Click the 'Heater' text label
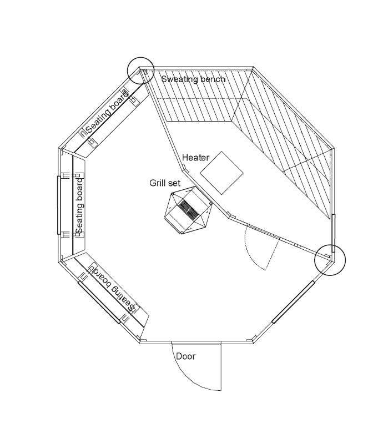(x=196, y=158)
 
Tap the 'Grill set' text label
(x=165, y=183)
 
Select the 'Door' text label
(x=186, y=356)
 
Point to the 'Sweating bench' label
(x=193, y=79)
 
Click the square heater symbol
(x=221, y=173)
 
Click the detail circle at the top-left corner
(x=140, y=71)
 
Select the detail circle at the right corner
(x=330, y=260)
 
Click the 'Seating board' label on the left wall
(x=79, y=206)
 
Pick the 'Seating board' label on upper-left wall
(x=107, y=112)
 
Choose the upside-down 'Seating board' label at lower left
(x=113, y=288)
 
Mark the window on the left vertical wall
(x=59, y=205)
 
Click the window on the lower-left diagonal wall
(x=99, y=302)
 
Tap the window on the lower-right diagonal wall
(x=293, y=302)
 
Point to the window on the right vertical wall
(x=334, y=233)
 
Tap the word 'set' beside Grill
(x=175, y=183)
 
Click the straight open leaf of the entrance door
(x=221, y=366)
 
